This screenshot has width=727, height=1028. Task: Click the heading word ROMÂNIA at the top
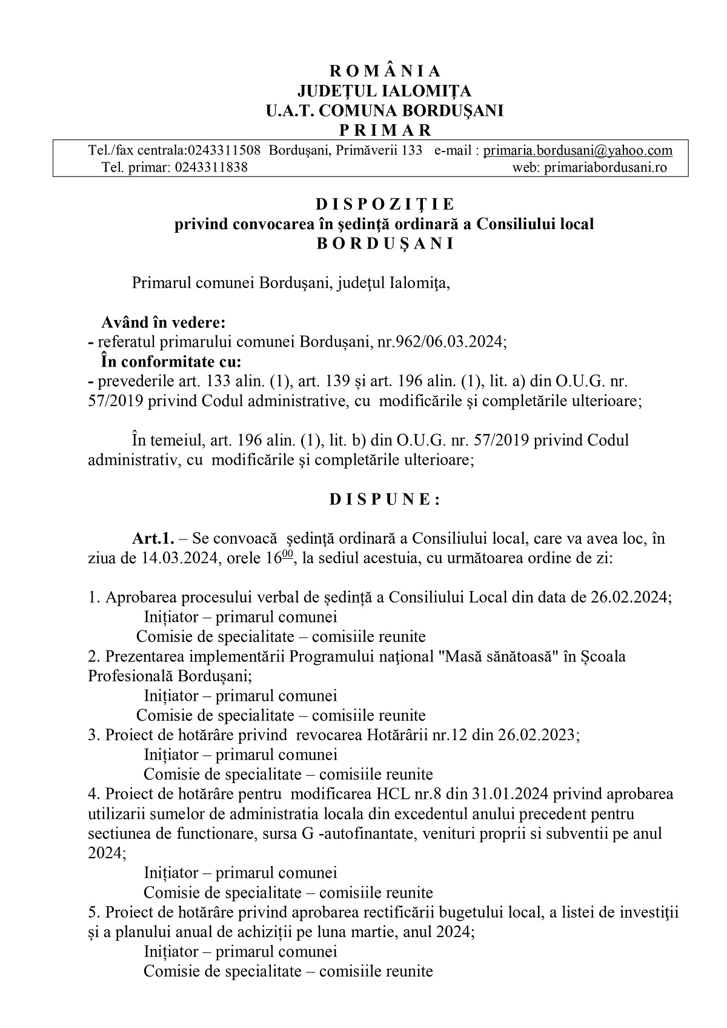[385, 72]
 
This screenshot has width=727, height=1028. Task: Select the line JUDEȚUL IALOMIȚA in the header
[385, 91]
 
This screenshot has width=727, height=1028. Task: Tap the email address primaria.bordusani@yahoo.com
[577, 150]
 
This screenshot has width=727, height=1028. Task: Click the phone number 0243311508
[224, 150]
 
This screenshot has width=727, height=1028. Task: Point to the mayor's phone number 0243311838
[210, 167]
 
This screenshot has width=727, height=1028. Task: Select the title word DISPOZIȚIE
[385, 204]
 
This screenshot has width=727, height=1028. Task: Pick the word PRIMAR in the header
[385, 130]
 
